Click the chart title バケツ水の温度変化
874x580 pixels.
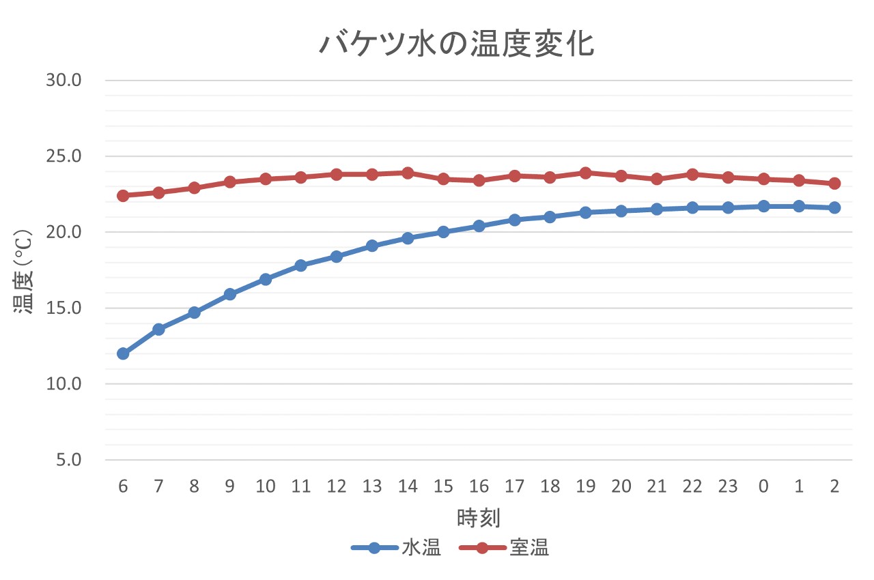tap(457, 44)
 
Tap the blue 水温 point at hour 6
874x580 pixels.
tap(123, 353)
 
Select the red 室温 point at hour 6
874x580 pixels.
tap(123, 196)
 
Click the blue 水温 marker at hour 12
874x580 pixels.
tap(336, 257)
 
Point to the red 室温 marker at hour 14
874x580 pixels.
tap(408, 173)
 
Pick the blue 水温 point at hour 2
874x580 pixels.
tap(834, 207)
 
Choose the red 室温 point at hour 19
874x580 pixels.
tap(585, 173)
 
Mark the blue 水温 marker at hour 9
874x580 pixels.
tap(229, 294)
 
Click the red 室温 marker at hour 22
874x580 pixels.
tap(692, 174)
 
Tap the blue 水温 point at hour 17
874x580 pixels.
tap(514, 220)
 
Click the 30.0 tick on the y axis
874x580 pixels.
tap(64, 81)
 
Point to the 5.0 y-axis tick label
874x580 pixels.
tap(69, 460)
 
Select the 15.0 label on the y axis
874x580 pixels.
tap(64, 308)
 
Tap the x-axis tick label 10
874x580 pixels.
tap(265, 487)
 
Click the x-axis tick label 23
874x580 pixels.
tap(727, 487)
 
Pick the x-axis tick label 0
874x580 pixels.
tap(763, 487)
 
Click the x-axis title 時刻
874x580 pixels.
tap(479, 518)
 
